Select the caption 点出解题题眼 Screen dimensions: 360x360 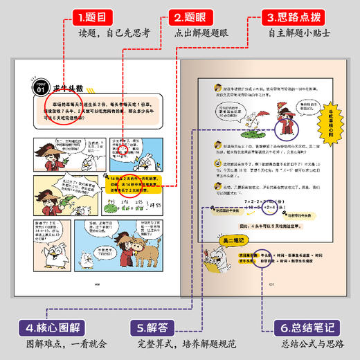[x=192, y=33]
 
